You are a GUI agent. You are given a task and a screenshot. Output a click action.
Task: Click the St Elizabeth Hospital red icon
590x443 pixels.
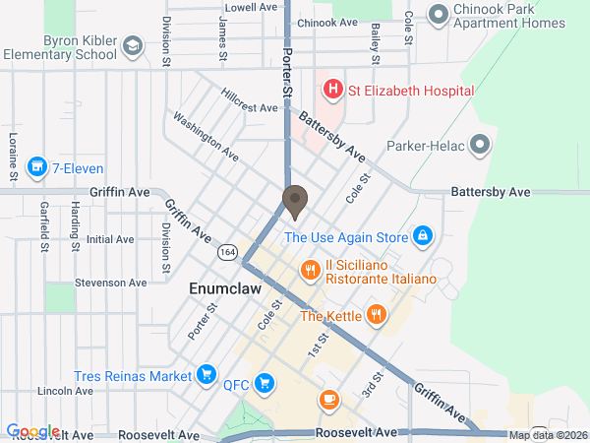point(333,91)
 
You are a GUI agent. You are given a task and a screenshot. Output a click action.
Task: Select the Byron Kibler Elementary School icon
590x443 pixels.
point(132,47)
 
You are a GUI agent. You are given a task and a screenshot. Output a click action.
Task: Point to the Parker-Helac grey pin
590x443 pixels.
point(480,146)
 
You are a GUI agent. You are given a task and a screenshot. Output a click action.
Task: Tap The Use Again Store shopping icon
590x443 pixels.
point(423,236)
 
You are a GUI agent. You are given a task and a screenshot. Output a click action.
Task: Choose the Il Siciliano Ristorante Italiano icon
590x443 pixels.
point(310,269)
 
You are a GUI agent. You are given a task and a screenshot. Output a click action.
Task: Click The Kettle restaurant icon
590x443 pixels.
point(375,315)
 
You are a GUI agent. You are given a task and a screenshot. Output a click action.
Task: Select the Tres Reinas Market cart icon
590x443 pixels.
point(206,374)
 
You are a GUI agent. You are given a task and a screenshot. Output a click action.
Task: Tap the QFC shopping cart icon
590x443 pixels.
point(263,382)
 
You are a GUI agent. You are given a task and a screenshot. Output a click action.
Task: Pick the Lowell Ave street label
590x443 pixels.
point(252,7)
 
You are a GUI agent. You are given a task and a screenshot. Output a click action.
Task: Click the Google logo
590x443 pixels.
point(32,431)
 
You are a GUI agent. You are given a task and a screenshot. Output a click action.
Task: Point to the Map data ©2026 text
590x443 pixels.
point(548,435)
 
